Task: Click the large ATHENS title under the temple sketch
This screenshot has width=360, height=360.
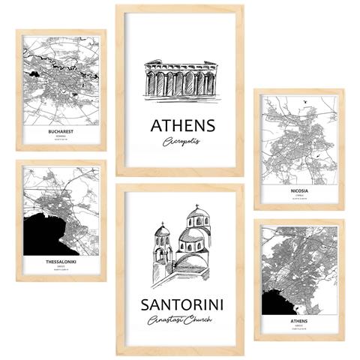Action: pyautogui.click(x=182, y=124)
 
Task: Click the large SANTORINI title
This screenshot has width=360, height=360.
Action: pyautogui.click(x=181, y=304)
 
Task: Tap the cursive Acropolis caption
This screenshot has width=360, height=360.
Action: pyautogui.click(x=182, y=142)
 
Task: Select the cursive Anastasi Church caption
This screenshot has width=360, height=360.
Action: pyautogui.click(x=181, y=321)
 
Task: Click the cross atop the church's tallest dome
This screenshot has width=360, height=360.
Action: pyautogui.click(x=197, y=207)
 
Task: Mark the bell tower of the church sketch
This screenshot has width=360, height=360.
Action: pyautogui.click(x=162, y=247)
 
